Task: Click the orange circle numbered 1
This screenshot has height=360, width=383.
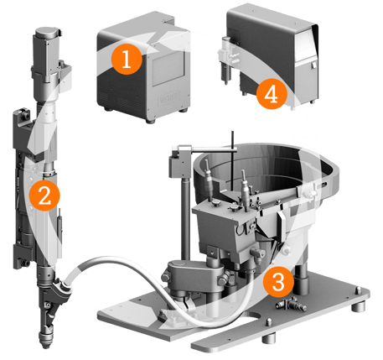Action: point(127,59)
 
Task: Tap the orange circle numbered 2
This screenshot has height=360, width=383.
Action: point(44,196)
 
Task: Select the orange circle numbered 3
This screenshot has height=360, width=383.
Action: point(278,282)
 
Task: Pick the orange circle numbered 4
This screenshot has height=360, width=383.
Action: point(272,94)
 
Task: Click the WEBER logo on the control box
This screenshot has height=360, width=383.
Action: point(168,99)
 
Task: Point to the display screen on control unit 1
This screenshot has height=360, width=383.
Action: point(168,68)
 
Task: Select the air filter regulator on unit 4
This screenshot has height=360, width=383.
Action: point(226,60)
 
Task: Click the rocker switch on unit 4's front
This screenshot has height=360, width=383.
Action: point(313,65)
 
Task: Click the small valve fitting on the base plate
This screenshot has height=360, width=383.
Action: point(291,303)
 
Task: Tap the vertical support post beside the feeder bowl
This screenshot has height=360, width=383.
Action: point(185,218)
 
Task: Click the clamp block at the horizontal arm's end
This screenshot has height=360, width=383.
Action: point(177,163)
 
